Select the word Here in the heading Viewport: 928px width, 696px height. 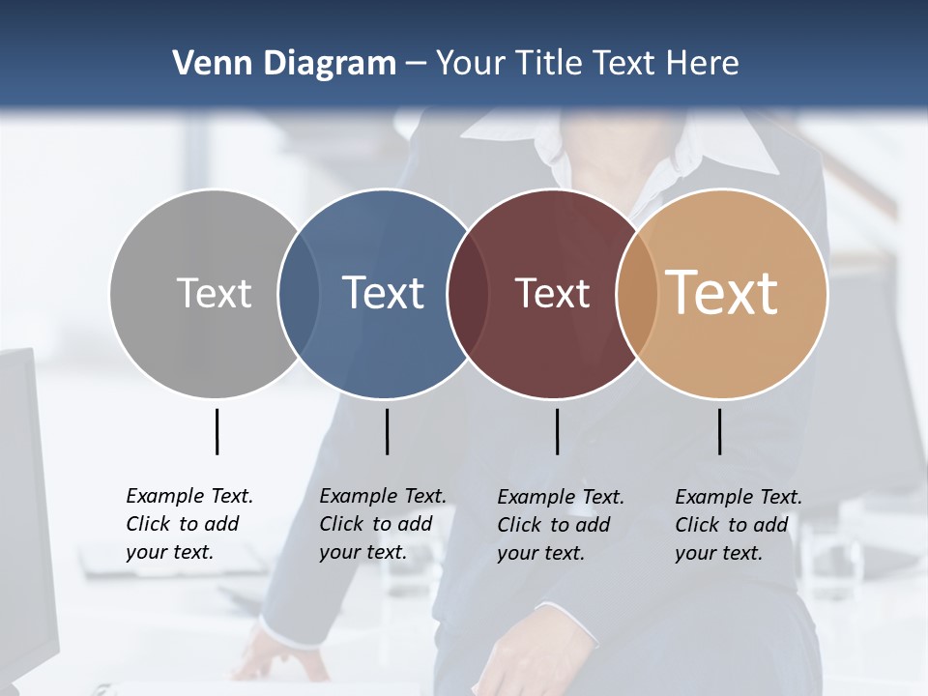[x=703, y=63]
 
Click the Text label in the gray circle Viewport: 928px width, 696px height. [x=214, y=293]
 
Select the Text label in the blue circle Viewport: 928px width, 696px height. [x=383, y=293]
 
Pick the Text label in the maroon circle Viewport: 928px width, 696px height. [x=552, y=293]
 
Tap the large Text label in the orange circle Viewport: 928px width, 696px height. [x=722, y=293]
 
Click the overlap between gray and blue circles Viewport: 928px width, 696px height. [x=299, y=293]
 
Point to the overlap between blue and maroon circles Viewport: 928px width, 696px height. [x=468, y=293]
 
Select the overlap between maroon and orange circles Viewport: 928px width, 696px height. [x=637, y=293]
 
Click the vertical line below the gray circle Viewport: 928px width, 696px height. [x=217, y=431]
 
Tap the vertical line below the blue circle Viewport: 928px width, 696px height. [x=387, y=431]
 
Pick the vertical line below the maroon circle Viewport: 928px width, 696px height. [x=557, y=431]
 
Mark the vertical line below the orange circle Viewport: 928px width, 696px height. [x=719, y=431]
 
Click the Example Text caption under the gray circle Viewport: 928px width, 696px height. [x=189, y=524]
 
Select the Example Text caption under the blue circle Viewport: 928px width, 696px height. [x=383, y=524]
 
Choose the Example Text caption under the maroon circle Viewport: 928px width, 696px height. [x=561, y=525]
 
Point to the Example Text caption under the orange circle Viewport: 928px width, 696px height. [x=739, y=525]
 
